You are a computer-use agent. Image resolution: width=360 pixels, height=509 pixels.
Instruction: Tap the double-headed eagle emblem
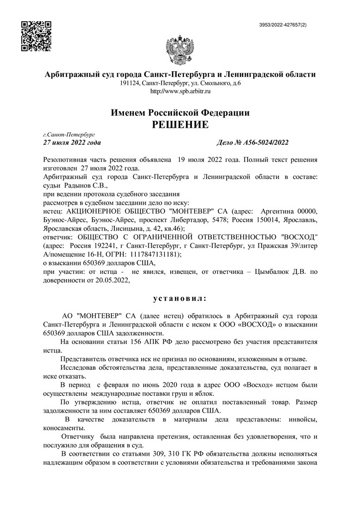coord(180,51)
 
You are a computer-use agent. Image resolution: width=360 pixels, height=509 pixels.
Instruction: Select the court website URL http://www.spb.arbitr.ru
coord(180,91)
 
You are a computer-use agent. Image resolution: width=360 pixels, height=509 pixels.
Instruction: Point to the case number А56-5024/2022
coord(266,143)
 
